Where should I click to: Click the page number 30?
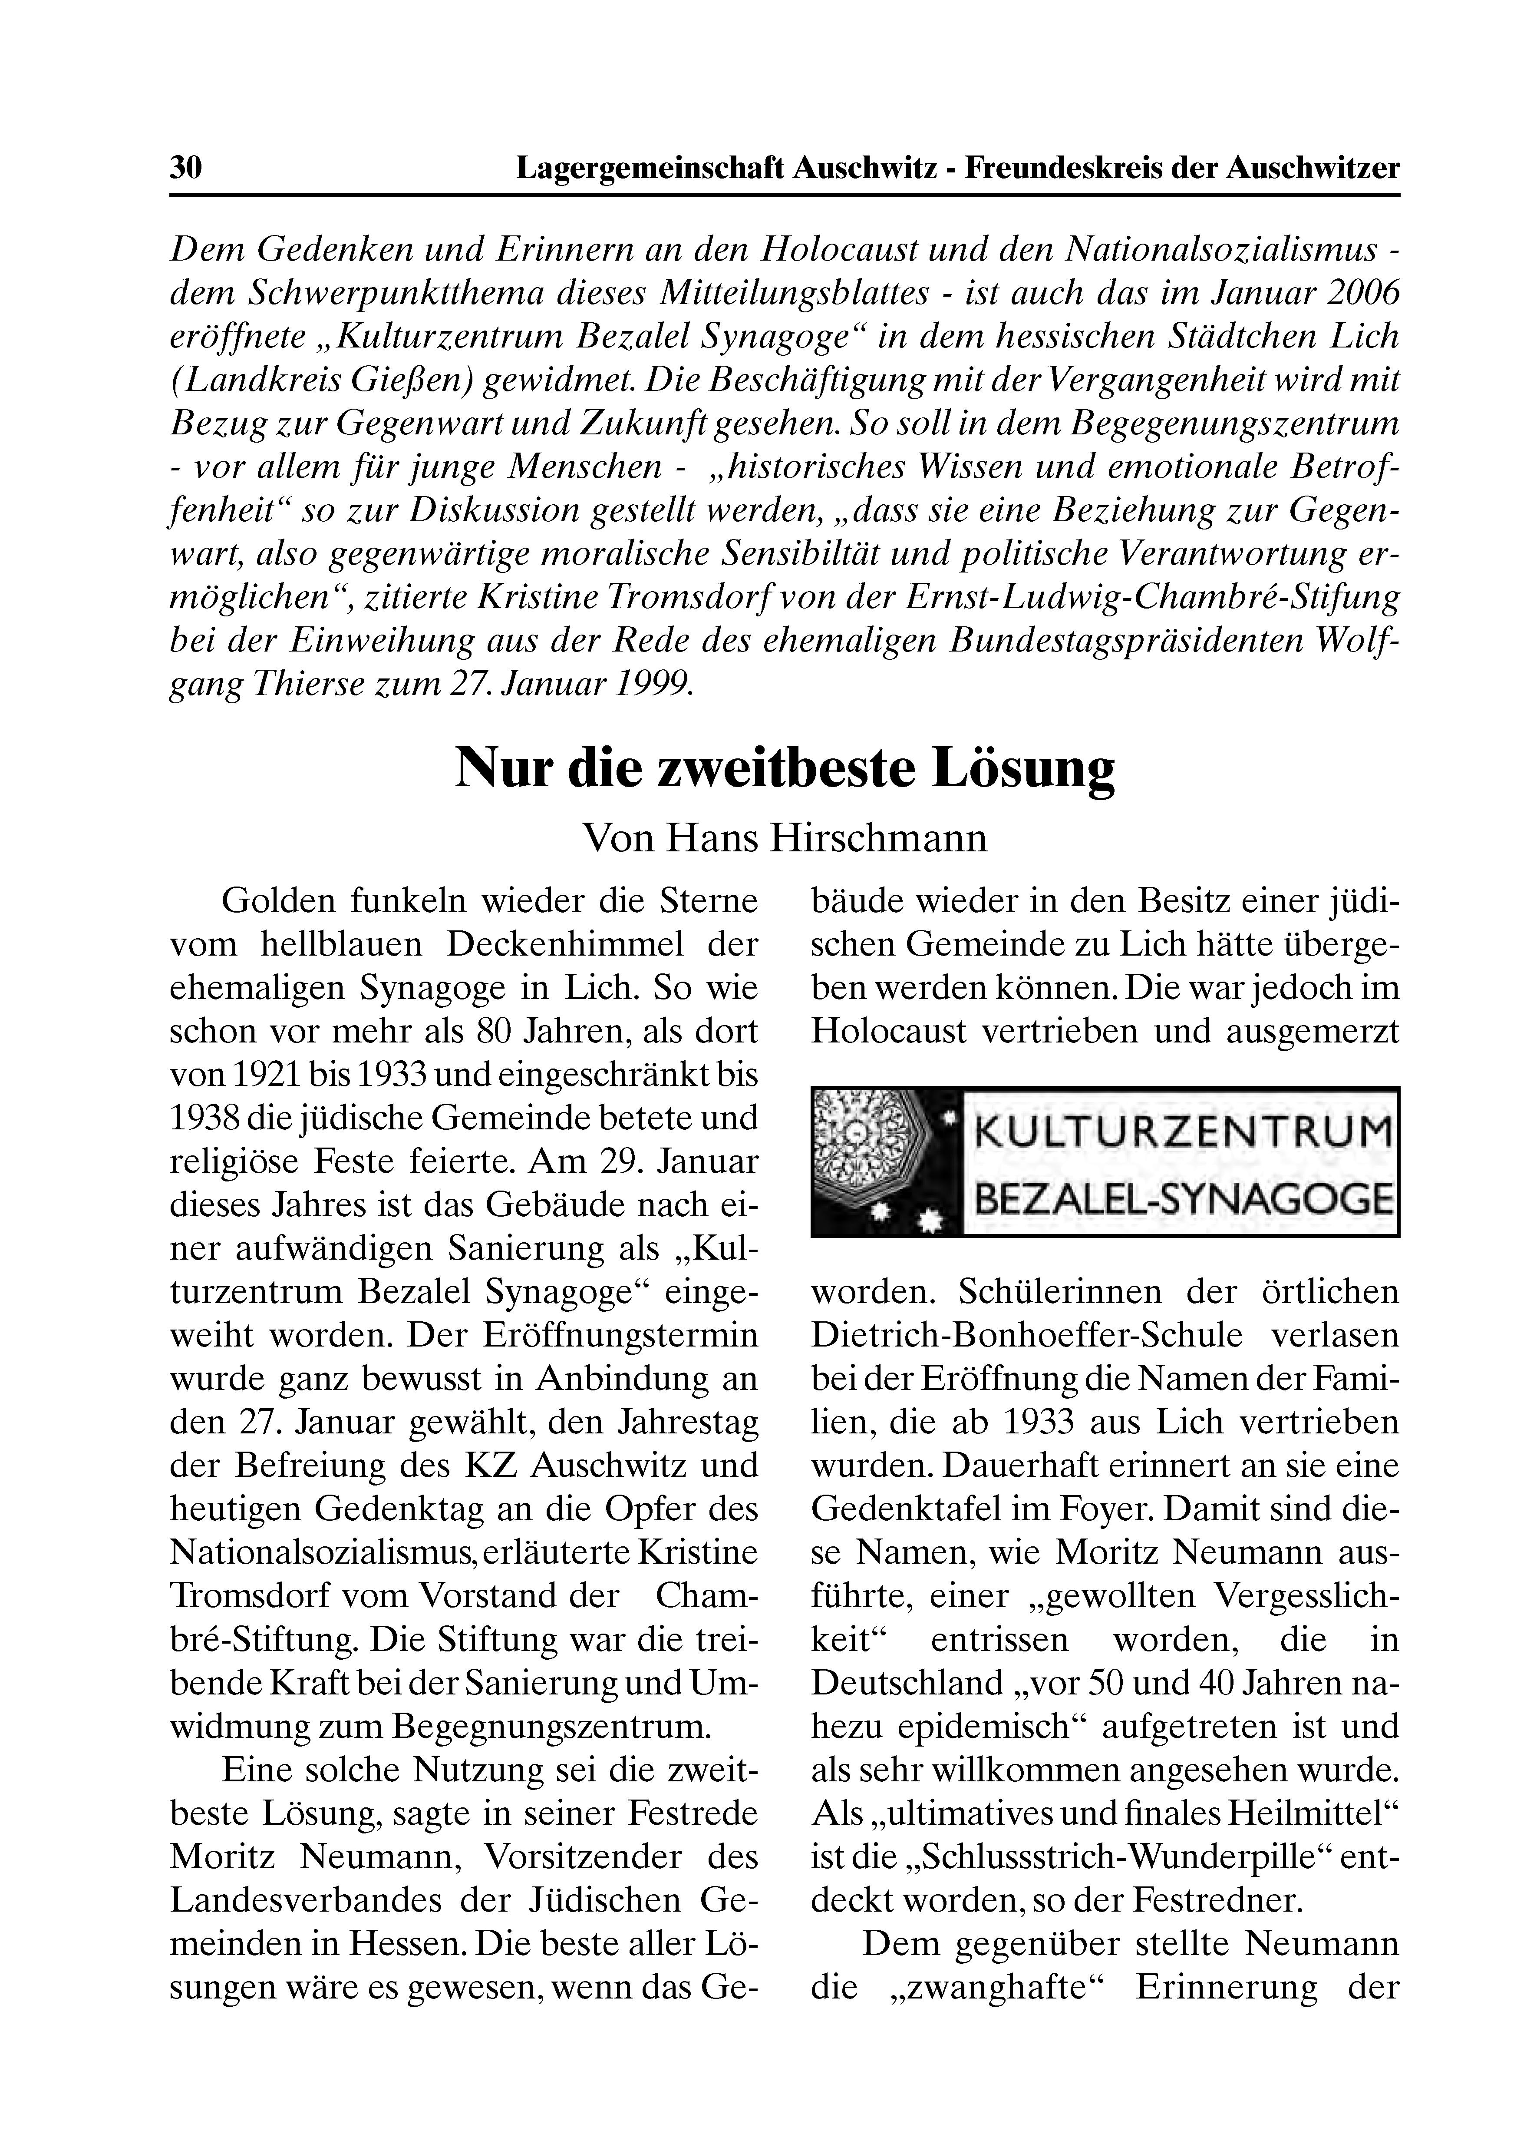click(185, 169)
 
